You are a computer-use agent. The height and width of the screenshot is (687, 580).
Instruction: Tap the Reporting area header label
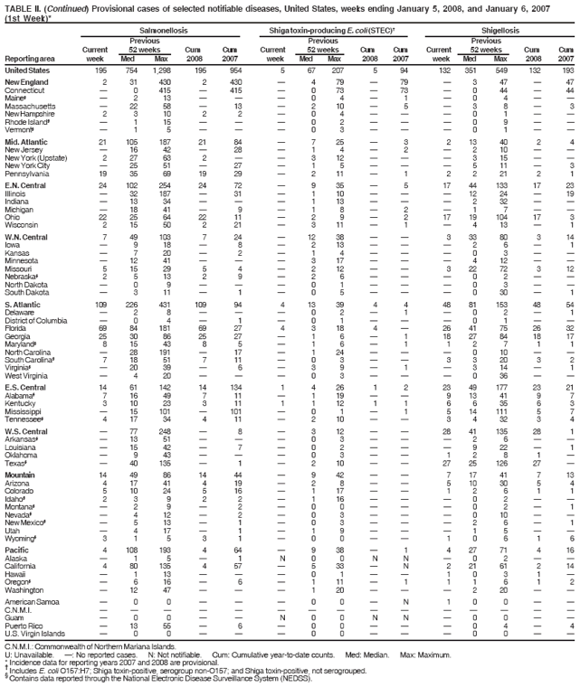[x=30, y=59]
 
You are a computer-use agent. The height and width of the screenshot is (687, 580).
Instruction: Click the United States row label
[x=27, y=70]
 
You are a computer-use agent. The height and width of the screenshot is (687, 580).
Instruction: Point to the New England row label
[x=25, y=81]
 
